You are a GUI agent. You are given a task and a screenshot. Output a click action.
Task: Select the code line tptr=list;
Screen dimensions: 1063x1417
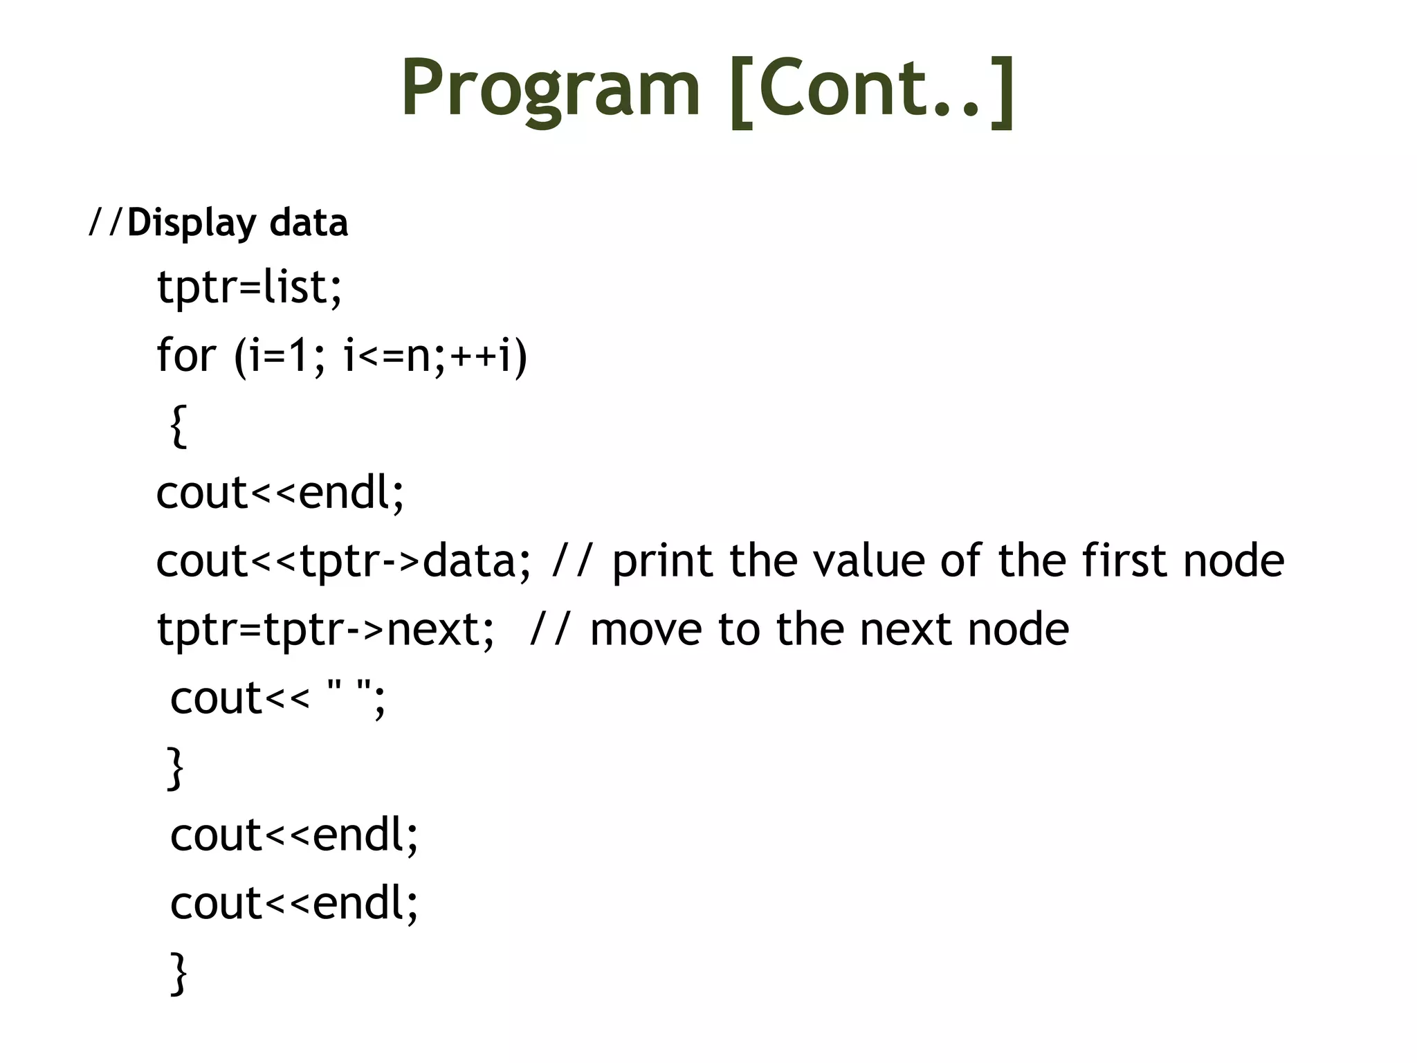[249, 287]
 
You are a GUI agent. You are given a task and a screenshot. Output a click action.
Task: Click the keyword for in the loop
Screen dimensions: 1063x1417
[185, 355]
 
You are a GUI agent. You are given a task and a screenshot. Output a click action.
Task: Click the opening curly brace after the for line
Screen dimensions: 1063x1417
[179, 426]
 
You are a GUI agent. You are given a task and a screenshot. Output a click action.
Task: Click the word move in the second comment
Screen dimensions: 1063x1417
[646, 629]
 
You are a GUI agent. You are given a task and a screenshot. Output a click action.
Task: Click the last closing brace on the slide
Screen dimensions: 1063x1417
[179, 972]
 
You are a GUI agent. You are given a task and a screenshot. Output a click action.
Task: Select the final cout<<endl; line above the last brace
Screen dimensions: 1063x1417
[294, 903]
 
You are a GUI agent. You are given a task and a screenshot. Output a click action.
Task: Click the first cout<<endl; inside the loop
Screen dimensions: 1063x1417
[280, 493]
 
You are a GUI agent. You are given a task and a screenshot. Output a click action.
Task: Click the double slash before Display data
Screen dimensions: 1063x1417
[106, 223]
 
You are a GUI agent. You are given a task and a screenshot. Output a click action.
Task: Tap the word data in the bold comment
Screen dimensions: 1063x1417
[309, 224]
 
